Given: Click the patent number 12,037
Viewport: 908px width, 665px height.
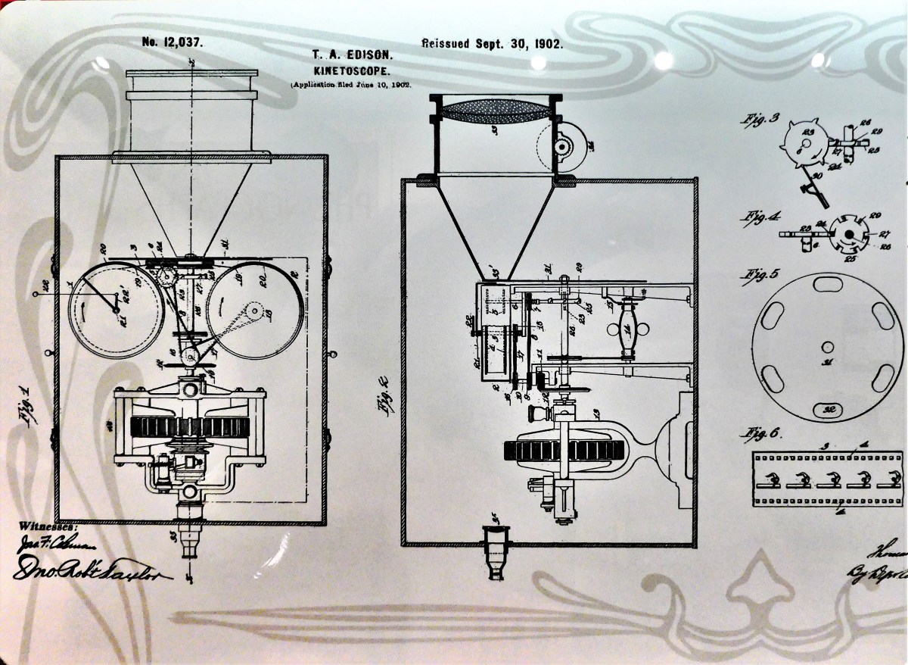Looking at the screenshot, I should pos(172,42).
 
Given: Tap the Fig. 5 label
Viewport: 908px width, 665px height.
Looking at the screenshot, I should pos(763,274).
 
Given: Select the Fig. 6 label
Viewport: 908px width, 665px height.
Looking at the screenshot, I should pos(763,435).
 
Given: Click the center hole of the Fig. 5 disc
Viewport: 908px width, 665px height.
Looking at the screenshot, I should pos(828,346).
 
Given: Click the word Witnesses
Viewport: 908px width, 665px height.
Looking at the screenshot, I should pos(48,525).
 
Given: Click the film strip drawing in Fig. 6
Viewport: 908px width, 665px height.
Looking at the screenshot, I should pos(828,479).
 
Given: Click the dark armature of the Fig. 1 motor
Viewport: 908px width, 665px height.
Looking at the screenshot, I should pos(189,427).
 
